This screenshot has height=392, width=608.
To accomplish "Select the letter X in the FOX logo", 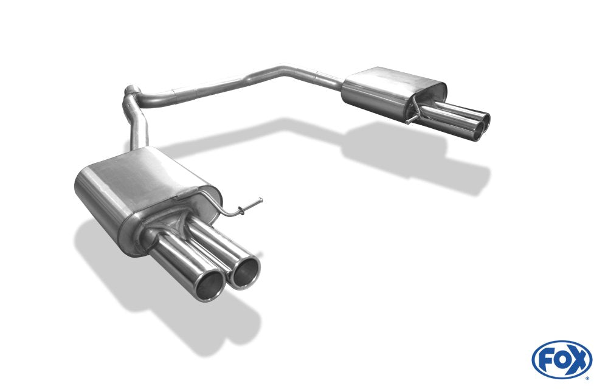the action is click(579, 360).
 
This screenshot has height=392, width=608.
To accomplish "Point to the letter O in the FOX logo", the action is click(561, 360).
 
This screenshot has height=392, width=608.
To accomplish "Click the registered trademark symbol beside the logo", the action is click(587, 377).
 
